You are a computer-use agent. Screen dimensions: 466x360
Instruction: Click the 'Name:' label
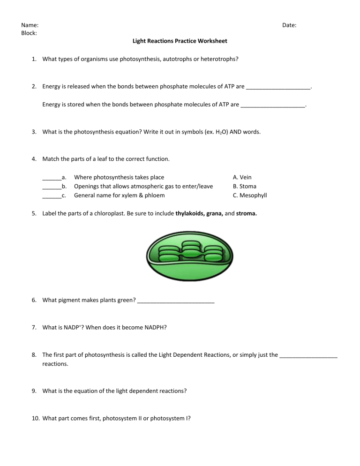pos(30,25)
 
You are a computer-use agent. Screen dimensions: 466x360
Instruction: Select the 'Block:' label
pos(30,33)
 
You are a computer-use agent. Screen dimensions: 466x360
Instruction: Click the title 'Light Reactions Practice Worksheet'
pos(180,41)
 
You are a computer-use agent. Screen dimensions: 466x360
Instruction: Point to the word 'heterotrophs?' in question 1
pos(218,59)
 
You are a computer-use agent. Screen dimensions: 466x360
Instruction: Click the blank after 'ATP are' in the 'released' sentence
pos(278,87)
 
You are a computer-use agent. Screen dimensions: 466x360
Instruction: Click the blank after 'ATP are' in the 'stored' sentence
pos(272,105)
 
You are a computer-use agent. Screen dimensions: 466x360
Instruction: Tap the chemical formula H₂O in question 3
pos(195,132)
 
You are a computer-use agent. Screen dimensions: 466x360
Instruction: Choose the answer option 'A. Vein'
pos(242,177)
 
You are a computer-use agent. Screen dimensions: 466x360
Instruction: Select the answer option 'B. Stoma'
pos(245,186)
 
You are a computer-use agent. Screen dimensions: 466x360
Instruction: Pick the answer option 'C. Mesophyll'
pos(250,195)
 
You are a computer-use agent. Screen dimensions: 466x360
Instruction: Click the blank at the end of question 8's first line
pos(308,355)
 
